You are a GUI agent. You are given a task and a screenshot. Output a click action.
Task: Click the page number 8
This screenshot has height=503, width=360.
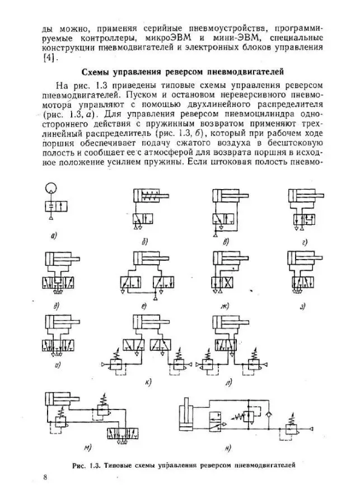tap(45, 476)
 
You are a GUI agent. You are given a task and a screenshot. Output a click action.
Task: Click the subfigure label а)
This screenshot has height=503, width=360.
tap(54, 236)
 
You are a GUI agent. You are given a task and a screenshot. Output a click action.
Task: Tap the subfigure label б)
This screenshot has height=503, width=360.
tap(144, 242)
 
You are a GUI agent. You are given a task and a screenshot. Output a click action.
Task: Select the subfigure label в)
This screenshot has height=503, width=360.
tap(226, 242)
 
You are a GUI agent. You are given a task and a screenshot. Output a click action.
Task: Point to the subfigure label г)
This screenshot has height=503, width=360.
tap(305, 242)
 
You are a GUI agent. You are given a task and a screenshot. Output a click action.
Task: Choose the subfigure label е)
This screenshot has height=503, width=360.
tap(144, 305)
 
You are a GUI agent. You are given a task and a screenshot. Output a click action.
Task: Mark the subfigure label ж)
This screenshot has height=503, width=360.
tap(225, 305)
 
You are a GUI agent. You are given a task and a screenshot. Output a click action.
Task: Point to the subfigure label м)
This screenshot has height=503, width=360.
tap(88, 448)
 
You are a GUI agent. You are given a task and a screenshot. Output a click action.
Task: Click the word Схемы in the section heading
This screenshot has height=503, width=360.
tap(99, 72)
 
